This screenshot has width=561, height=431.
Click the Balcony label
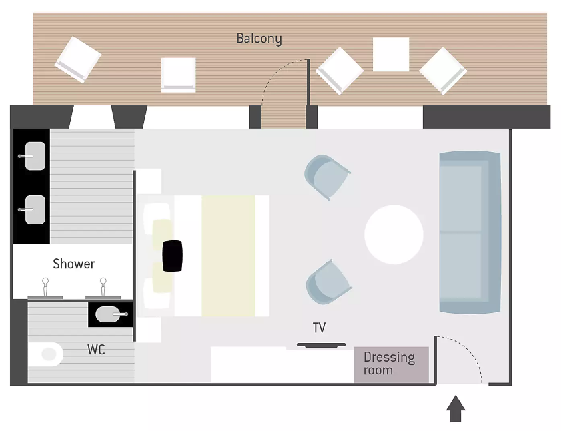click(x=259, y=38)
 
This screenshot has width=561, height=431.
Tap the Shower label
click(x=73, y=264)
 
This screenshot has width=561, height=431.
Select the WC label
click(x=96, y=350)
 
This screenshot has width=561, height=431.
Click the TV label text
click(x=319, y=328)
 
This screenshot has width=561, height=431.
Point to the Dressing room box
click(x=391, y=364)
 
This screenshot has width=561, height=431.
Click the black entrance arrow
click(x=456, y=408)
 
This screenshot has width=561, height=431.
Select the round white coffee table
click(x=394, y=234)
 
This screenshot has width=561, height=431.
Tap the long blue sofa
click(x=470, y=232)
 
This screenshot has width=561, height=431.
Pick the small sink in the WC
click(x=110, y=314)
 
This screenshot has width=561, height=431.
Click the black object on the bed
click(x=173, y=256)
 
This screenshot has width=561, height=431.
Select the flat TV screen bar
click(x=322, y=345)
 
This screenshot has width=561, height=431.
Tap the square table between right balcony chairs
click(x=391, y=55)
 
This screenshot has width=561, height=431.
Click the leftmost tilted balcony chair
click(x=78, y=59)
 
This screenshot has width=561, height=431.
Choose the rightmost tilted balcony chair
click(x=443, y=71)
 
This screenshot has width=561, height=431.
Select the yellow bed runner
click(x=228, y=256)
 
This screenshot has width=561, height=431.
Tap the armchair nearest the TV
click(x=328, y=283)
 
